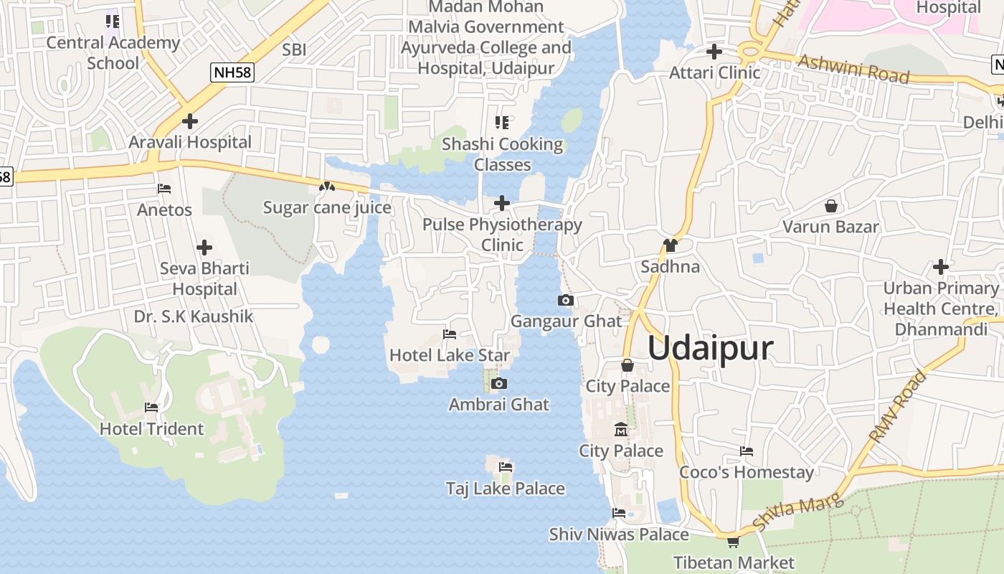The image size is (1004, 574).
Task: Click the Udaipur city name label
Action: pyautogui.click(x=710, y=348)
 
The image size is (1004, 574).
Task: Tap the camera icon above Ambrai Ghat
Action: pyautogui.click(x=500, y=384)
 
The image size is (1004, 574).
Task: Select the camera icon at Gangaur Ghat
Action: pyautogui.click(x=566, y=300)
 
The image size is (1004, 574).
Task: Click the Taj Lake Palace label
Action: pyautogui.click(x=506, y=489)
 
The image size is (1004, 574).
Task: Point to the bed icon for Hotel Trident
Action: pyautogui.click(x=151, y=408)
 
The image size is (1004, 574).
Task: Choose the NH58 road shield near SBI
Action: pyautogui.click(x=232, y=72)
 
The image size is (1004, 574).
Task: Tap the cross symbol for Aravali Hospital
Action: pyautogui.click(x=190, y=121)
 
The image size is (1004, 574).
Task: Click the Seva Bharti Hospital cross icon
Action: pyautogui.click(x=204, y=248)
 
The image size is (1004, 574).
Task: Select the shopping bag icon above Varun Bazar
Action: pyautogui.click(x=830, y=206)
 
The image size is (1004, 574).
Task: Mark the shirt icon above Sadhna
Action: pyautogui.click(x=670, y=245)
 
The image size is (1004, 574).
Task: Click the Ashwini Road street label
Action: pyautogui.click(x=853, y=69)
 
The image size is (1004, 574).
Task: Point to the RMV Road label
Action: pyautogui.click(x=898, y=405)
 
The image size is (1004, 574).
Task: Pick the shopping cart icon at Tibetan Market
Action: pyautogui.click(x=733, y=542)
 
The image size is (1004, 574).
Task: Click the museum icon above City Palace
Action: pyautogui.click(x=621, y=430)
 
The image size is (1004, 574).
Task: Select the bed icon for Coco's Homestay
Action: pyautogui.click(x=747, y=451)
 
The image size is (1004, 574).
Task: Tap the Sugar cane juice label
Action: pyautogui.click(x=327, y=208)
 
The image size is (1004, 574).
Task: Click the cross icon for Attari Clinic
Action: pyautogui.click(x=714, y=52)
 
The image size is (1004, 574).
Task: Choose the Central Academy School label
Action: pyautogui.click(x=113, y=52)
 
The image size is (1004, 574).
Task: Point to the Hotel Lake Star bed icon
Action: pyautogui.click(x=450, y=334)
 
